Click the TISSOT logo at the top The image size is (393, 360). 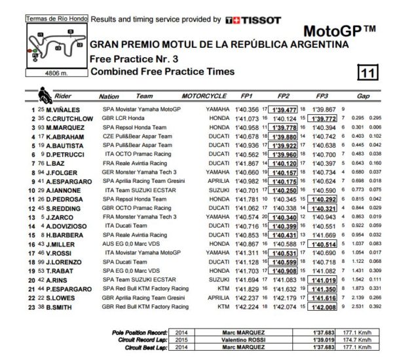[252, 20]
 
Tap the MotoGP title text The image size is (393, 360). [339, 31]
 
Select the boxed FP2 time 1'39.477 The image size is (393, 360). [286, 109]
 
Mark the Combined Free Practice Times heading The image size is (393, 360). [161, 71]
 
